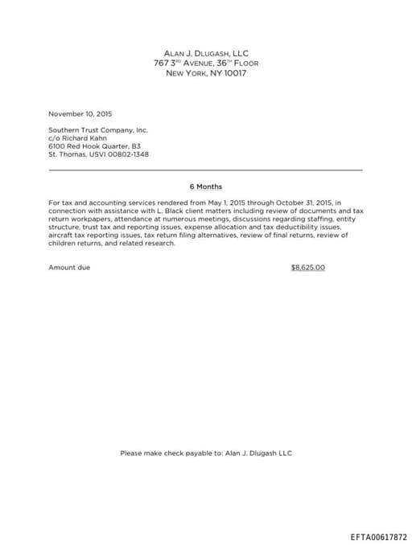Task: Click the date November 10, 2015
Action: pos(80,113)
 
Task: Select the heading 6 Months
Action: pos(206,186)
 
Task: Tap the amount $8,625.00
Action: pos(307,267)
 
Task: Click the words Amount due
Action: pos(69,267)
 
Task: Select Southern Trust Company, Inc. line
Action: pos(98,129)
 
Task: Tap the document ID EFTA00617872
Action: pos(379,537)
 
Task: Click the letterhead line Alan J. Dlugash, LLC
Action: pos(206,53)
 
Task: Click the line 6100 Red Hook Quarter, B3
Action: pos(94,146)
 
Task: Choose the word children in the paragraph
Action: pos(63,244)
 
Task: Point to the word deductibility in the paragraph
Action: pos(286,227)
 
